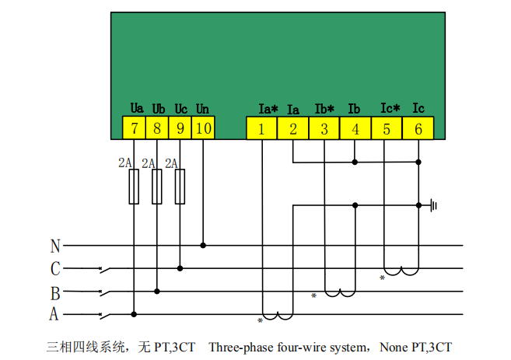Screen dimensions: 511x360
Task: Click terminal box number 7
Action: click(x=134, y=128)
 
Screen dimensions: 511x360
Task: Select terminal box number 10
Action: click(x=203, y=128)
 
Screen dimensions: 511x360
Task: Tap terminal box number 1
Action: click(x=261, y=128)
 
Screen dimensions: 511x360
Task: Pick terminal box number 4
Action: click(x=355, y=128)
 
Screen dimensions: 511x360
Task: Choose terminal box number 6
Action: click(x=418, y=128)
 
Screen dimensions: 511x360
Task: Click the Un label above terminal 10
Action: click(x=202, y=109)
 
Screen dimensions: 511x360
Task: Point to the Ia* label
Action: click(x=268, y=109)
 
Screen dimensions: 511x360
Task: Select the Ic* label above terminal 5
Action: click(x=390, y=108)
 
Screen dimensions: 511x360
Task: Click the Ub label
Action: click(x=159, y=109)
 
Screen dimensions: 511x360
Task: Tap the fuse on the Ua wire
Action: click(x=134, y=187)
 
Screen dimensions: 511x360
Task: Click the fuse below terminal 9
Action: click(x=180, y=187)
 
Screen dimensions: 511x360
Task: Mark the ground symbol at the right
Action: click(x=433, y=205)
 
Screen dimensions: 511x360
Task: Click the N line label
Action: click(x=55, y=246)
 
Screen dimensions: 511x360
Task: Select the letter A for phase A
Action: click(x=54, y=314)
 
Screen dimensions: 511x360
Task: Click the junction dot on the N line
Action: click(x=203, y=246)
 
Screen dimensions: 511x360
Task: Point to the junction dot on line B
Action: click(x=157, y=292)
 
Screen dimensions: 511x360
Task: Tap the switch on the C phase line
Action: click(x=104, y=270)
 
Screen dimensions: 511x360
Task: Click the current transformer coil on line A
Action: click(x=278, y=316)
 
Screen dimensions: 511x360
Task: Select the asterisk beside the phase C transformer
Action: click(x=382, y=278)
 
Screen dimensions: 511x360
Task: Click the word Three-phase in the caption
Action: click(x=241, y=348)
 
